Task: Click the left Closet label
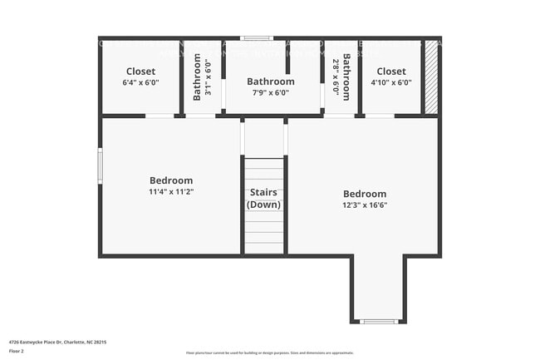(x=140, y=72)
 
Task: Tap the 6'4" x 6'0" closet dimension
(x=140, y=82)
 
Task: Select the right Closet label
(x=391, y=72)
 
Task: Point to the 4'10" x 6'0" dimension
(x=391, y=82)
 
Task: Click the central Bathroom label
(x=270, y=81)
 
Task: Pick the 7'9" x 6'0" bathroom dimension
(x=270, y=92)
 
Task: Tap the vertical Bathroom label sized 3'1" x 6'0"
(x=198, y=76)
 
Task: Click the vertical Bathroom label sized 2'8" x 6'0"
(x=346, y=76)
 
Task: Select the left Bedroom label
(x=171, y=180)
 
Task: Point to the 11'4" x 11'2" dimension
(x=171, y=191)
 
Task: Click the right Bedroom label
(x=364, y=194)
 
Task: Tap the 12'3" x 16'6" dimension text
(x=364, y=205)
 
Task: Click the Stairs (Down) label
(x=265, y=199)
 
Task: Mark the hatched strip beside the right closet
(x=430, y=76)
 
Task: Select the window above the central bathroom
(x=257, y=38)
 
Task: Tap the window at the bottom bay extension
(x=379, y=321)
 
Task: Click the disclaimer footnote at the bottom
(x=270, y=353)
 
